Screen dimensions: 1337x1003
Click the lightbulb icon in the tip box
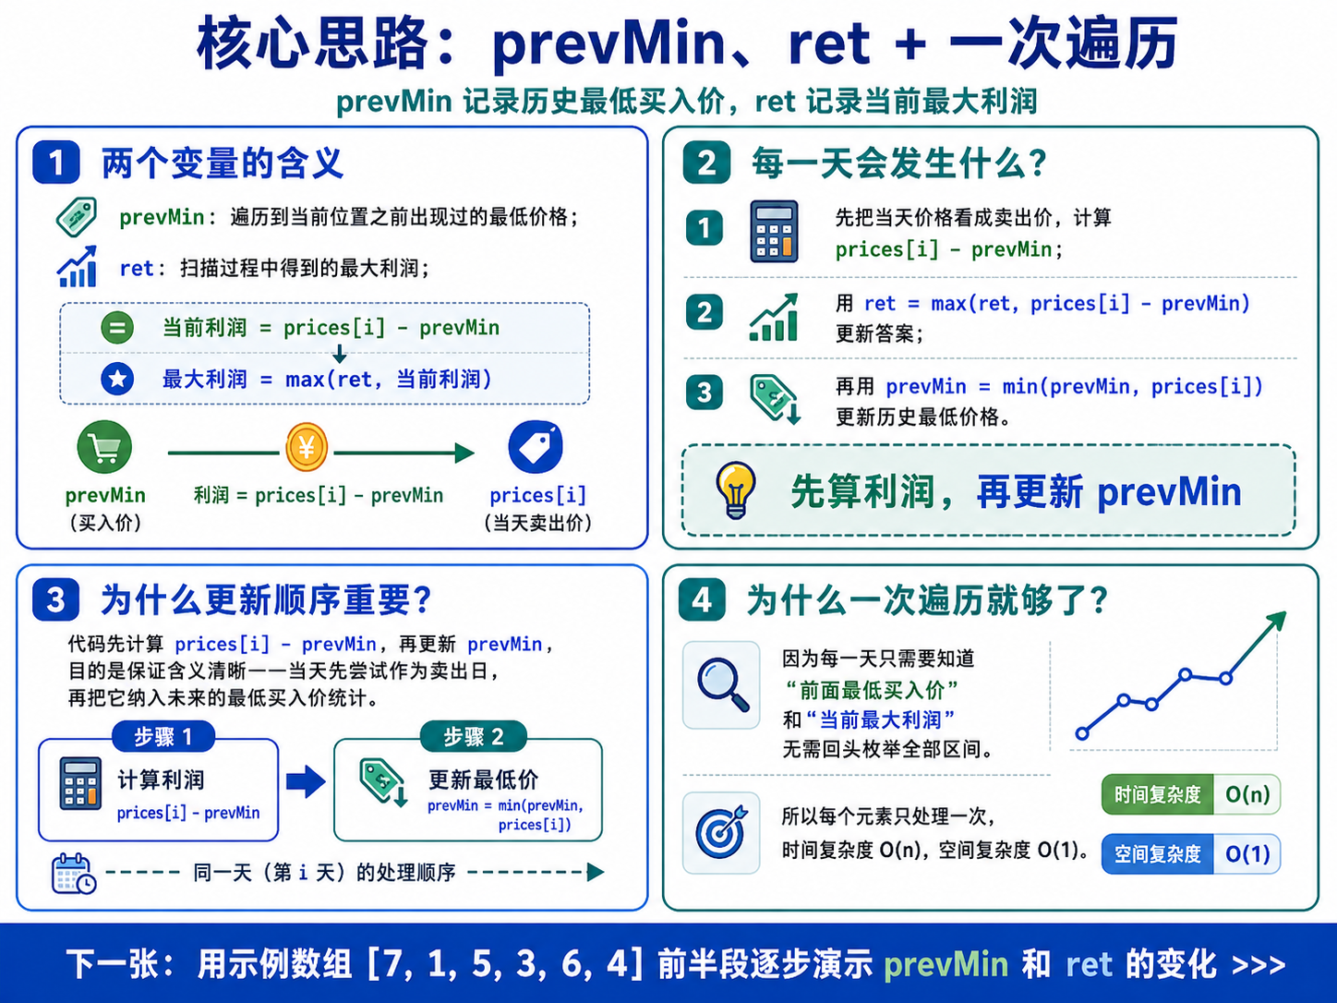click(736, 490)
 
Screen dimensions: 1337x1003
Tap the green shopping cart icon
click(104, 447)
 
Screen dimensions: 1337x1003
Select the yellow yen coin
click(307, 447)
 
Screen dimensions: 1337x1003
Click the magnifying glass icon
click(722, 684)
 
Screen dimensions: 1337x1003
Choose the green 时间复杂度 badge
click(1157, 794)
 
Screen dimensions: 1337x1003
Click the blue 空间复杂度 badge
click(1157, 853)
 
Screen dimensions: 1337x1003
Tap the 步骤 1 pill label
click(163, 737)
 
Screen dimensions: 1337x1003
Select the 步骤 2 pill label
click(474, 737)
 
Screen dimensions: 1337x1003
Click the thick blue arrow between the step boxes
click(306, 781)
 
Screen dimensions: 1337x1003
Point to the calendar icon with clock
click(74, 874)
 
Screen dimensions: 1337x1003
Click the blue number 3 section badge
click(56, 599)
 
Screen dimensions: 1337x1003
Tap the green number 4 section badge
click(703, 599)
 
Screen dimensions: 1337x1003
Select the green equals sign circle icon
click(117, 328)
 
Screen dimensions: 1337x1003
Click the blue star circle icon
click(117, 379)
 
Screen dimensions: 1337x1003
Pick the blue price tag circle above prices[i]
click(536, 447)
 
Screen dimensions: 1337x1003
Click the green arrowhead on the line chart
click(1275, 622)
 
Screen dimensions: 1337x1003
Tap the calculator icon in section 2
click(774, 232)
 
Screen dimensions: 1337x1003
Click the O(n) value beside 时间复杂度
click(1247, 794)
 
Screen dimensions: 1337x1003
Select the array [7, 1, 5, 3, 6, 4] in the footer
click(506, 964)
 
